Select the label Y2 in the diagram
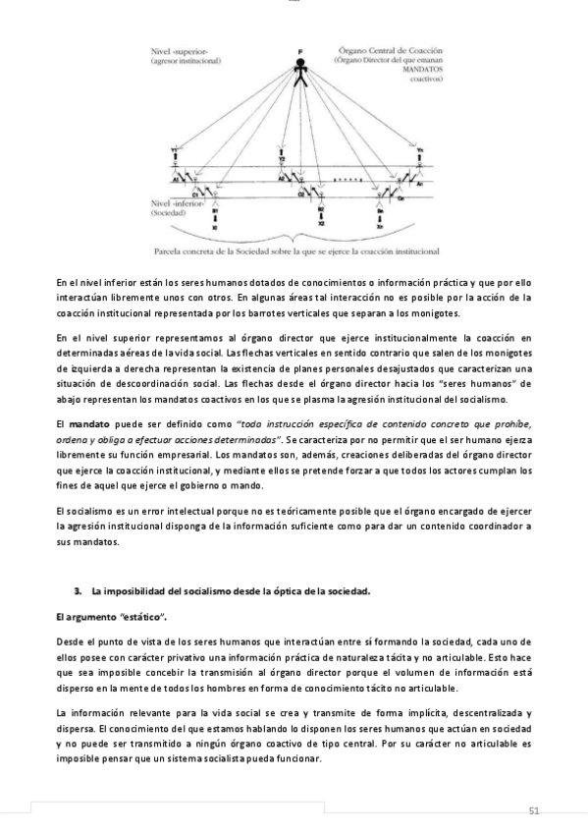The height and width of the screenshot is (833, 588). click(x=282, y=157)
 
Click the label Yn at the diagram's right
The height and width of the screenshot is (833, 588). click(x=420, y=149)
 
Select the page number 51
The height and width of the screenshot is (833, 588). click(x=535, y=809)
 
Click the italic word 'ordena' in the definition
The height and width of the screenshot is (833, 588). click(x=72, y=439)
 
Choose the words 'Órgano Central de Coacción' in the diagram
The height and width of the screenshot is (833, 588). click(x=392, y=48)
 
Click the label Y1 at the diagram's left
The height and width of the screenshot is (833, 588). click(x=175, y=150)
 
